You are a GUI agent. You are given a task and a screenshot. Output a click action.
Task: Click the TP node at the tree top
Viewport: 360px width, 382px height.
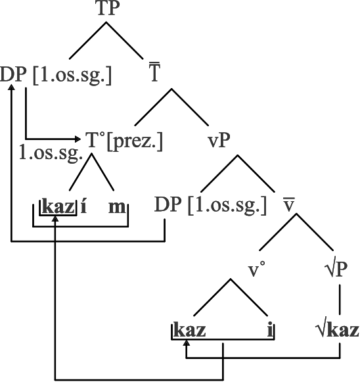(x=108, y=9)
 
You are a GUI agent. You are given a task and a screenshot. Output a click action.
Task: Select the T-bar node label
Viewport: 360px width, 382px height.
(x=154, y=72)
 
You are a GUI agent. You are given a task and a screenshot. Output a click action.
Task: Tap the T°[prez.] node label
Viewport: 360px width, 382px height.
(x=124, y=141)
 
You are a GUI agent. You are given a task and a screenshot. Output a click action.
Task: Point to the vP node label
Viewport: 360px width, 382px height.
(x=219, y=141)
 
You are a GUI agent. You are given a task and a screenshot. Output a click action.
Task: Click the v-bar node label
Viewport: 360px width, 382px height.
(x=289, y=204)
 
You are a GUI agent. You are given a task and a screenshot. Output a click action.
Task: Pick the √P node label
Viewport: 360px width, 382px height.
(x=336, y=269)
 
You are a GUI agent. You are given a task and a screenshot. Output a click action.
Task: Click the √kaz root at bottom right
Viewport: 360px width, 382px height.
(x=338, y=330)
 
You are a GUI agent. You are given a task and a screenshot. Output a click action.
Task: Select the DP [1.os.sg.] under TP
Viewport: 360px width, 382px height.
(x=56, y=74)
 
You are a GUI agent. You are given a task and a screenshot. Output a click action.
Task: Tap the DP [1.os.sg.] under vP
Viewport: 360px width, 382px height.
(x=211, y=205)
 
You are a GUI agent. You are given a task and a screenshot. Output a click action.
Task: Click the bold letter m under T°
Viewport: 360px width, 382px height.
(x=117, y=207)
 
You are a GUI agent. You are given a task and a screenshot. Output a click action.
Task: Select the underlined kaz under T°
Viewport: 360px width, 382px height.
(x=58, y=206)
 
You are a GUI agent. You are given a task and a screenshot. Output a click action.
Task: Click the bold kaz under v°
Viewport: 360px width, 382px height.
(x=190, y=330)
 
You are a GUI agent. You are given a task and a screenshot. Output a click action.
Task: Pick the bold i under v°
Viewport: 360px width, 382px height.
(x=270, y=330)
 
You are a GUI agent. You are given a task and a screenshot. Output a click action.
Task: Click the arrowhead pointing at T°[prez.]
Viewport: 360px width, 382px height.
(x=78, y=139)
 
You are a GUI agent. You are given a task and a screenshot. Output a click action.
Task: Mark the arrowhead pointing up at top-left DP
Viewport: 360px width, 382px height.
(x=11, y=87)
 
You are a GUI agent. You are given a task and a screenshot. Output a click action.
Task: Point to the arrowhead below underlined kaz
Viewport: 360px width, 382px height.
(x=55, y=218)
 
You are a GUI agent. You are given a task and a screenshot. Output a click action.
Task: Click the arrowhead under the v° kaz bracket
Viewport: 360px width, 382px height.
(x=187, y=343)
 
